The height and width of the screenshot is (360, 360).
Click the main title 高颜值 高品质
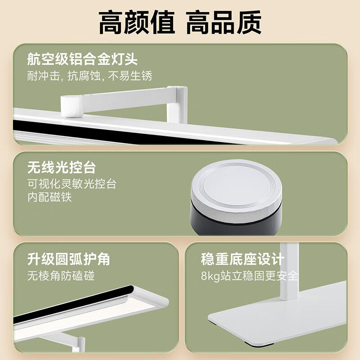click(180, 22)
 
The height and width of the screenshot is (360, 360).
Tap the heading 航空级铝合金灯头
click(82, 59)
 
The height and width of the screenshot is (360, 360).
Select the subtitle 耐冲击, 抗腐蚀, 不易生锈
click(90, 76)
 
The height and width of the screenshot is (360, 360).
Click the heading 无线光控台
click(62, 167)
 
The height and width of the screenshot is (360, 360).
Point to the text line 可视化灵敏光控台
click(72, 184)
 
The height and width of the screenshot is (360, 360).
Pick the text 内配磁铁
click(49, 197)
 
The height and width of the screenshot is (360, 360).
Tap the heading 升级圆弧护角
click(69, 259)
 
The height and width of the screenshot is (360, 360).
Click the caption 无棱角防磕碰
click(61, 276)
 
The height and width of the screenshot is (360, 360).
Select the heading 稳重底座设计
click(243, 259)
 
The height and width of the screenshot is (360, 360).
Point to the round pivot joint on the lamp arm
click(72, 106)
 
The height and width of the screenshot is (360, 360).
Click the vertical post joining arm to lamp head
click(177, 104)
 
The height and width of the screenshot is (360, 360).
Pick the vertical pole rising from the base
click(289, 271)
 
